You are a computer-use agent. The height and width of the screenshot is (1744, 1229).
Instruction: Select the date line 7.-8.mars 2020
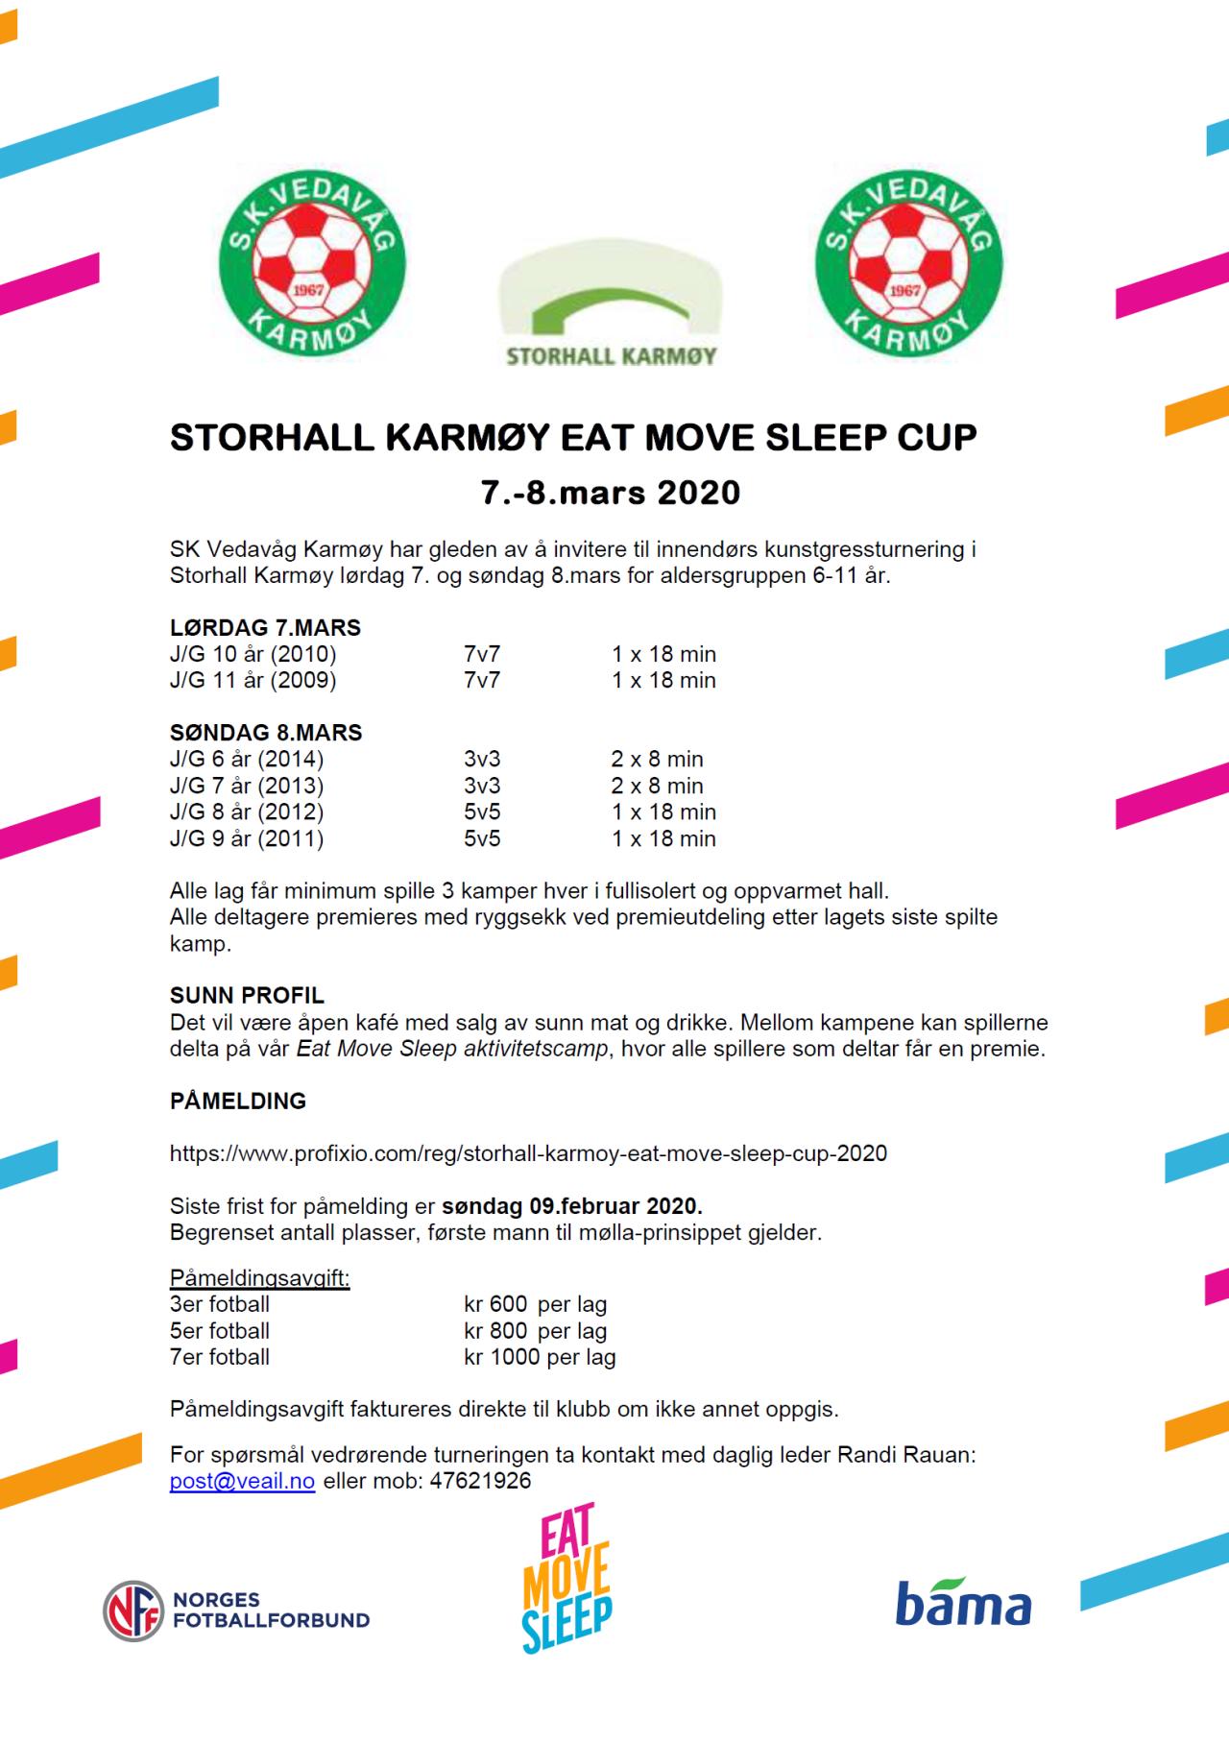click(611, 493)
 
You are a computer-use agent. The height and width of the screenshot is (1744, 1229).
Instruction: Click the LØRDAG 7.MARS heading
click(265, 628)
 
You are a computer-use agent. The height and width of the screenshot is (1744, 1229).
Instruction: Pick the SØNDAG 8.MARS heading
click(266, 733)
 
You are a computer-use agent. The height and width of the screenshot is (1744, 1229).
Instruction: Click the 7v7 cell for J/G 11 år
click(482, 680)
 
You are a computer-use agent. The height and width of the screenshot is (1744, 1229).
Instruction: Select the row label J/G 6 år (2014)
click(247, 759)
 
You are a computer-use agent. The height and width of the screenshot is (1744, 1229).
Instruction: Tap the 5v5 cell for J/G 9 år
click(482, 838)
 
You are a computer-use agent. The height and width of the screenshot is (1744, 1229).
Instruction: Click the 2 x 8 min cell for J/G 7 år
click(657, 786)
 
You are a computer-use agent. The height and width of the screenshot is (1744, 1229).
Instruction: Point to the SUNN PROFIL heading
click(247, 995)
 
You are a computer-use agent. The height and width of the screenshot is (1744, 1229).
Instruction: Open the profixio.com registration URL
click(528, 1152)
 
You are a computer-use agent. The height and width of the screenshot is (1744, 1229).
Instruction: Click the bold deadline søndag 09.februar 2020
click(572, 1205)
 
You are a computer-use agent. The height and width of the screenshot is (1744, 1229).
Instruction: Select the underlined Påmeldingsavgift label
click(259, 1278)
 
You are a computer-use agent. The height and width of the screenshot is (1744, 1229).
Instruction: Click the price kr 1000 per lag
click(540, 1357)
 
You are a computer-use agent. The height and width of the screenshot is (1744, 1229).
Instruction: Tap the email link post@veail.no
click(242, 1481)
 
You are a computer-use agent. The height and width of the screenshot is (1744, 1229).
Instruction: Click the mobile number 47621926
click(480, 1481)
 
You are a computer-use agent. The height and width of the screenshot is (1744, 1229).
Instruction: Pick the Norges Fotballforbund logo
click(236, 1611)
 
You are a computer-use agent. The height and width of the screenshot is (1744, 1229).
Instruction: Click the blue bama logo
click(963, 1604)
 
